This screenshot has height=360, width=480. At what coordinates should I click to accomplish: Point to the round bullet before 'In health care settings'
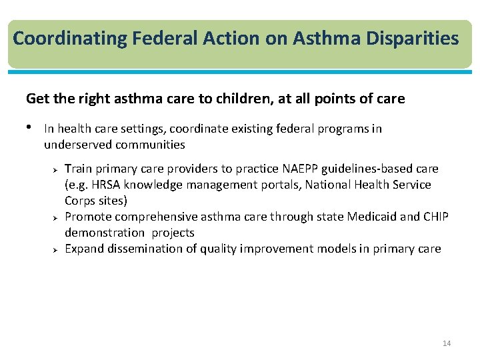(x=30, y=127)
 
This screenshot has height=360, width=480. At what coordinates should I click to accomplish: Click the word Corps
(x=79, y=201)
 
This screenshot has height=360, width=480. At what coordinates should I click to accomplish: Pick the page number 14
(x=447, y=343)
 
